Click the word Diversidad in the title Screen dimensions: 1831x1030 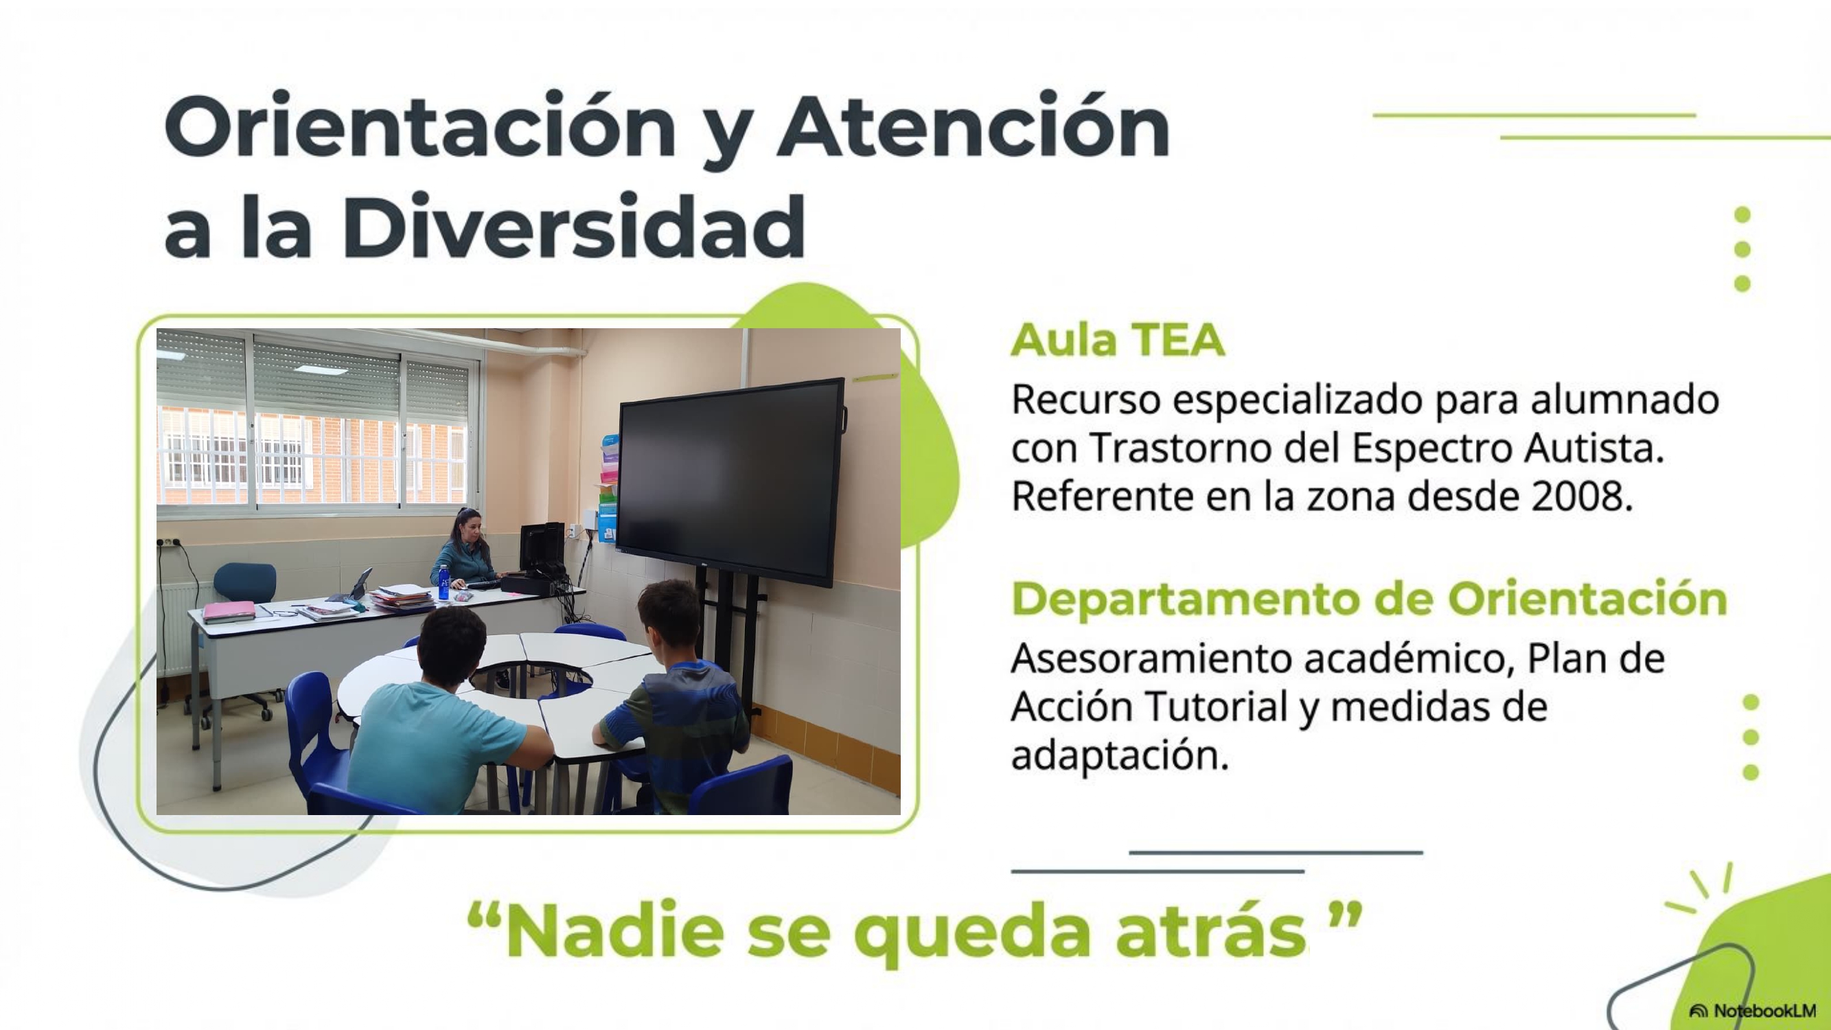[x=575, y=226]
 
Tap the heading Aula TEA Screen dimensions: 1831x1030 [x=1118, y=340]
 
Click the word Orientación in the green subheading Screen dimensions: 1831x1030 [x=1588, y=599]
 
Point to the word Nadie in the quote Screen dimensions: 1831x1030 [x=614, y=931]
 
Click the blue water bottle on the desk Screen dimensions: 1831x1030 [x=444, y=583]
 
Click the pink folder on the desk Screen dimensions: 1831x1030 [x=229, y=611]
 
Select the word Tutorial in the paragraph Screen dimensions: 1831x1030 [x=1217, y=707]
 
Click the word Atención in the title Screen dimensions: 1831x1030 [x=974, y=126]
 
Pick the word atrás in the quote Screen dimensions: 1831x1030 [x=1210, y=932]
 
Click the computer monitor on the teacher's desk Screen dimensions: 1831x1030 [x=542, y=548]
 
